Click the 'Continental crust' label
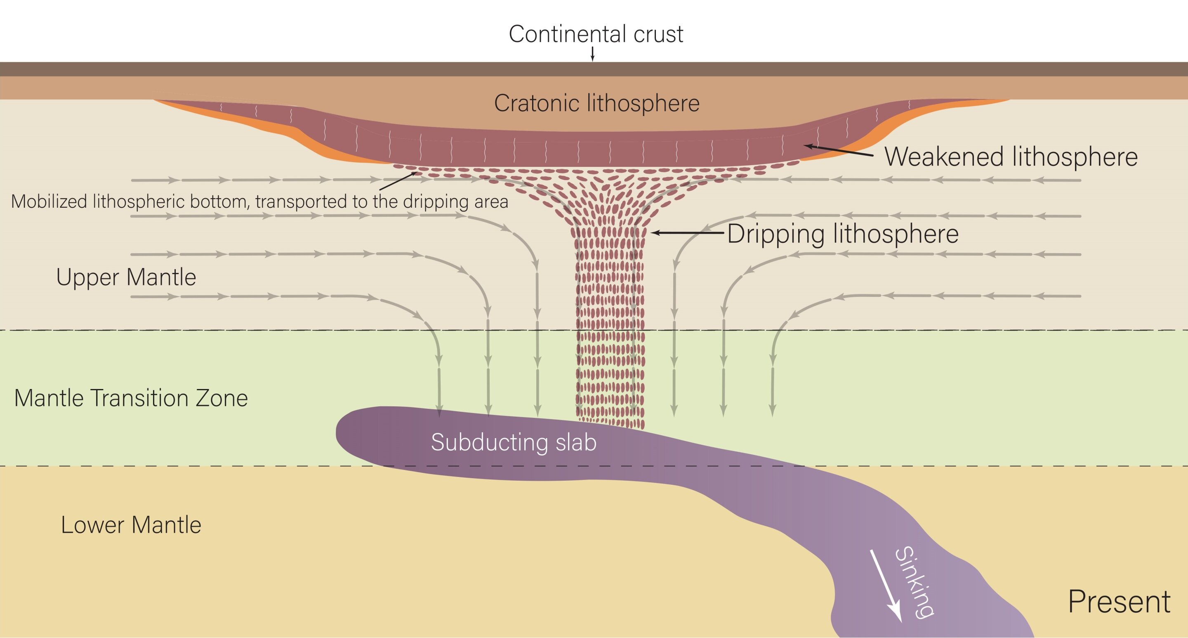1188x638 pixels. coord(595,34)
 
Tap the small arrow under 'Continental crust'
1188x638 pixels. coord(593,54)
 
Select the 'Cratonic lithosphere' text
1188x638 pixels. coord(596,103)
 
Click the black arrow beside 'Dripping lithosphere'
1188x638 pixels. coord(687,233)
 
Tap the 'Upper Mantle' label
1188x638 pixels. coord(126,277)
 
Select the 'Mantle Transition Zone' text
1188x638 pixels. coord(131,398)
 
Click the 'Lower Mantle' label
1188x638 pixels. coord(131,525)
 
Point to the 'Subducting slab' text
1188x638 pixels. coord(513,442)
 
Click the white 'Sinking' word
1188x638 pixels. coord(914,582)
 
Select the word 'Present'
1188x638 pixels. coord(1119,602)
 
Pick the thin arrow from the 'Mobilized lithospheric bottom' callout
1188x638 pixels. coord(398,181)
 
